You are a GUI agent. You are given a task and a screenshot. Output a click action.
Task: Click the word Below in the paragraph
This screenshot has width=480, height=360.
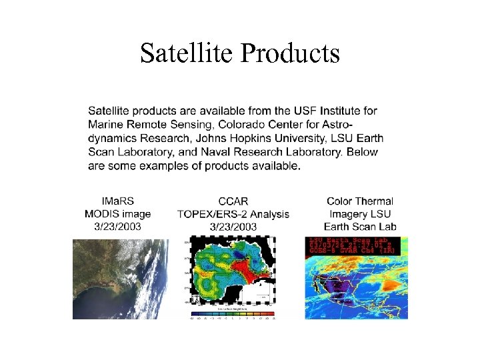coord(361,153)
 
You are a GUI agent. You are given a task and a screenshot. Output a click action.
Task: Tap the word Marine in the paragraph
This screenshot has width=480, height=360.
coord(105,125)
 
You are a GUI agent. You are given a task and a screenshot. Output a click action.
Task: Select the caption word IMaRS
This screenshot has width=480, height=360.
coord(117,201)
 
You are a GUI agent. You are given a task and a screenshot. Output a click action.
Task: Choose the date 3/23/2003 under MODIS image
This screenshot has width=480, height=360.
coord(117,227)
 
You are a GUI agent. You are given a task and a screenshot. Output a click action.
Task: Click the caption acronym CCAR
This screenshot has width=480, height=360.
coord(233,201)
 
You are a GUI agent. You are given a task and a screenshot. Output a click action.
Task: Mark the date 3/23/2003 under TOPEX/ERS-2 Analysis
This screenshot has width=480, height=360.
coord(233,227)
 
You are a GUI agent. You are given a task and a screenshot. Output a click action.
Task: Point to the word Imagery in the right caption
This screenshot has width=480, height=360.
coord(349,214)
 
